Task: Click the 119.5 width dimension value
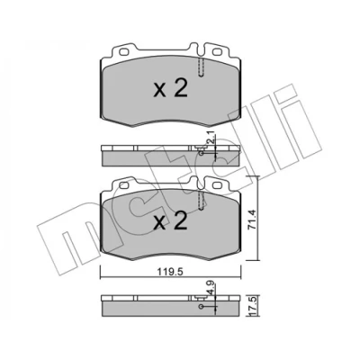pos(170,273)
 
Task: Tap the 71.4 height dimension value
pos(251,220)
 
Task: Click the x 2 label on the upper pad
pos(170,88)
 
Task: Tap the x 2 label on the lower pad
pos(170,220)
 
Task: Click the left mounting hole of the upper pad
pos(123,52)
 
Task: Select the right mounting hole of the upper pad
pos(217,52)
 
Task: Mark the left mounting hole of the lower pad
pos(123,185)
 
